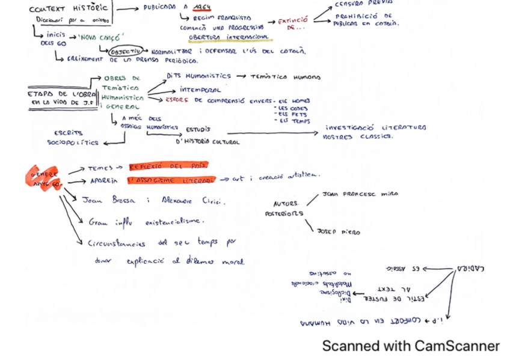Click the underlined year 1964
tap(202, 8)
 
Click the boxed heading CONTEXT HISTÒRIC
tap(69, 9)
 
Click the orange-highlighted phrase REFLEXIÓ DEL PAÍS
tap(167, 165)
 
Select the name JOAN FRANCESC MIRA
tap(360, 194)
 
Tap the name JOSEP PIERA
tap(339, 231)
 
